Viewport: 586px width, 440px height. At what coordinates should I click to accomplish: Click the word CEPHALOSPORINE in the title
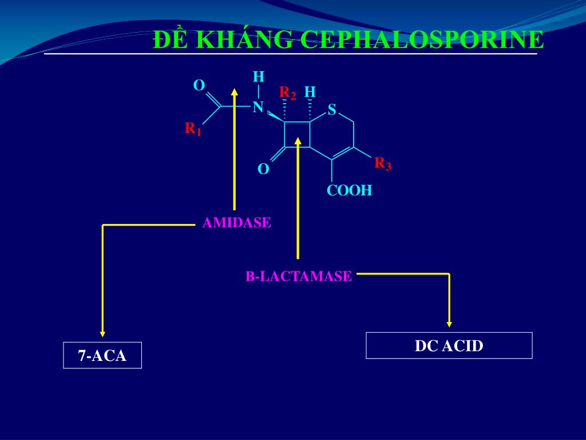click(x=422, y=40)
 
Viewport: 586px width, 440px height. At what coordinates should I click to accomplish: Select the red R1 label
click(x=193, y=129)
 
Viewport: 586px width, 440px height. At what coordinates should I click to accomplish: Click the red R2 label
click(x=287, y=93)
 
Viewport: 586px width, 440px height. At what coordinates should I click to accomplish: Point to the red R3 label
click(x=383, y=164)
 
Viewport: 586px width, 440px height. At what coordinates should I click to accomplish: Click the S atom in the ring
click(x=331, y=109)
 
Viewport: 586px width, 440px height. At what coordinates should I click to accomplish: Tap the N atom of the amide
click(x=258, y=107)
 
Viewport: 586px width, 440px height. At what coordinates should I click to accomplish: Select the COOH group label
click(x=349, y=191)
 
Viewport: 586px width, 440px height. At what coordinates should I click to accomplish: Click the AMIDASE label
click(x=236, y=223)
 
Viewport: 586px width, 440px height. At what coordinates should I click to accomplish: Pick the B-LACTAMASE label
click(x=299, y=276)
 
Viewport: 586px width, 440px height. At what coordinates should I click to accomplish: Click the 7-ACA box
click(x=102, y=356)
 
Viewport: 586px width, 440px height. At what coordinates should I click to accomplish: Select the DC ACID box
click(x=449, y=345)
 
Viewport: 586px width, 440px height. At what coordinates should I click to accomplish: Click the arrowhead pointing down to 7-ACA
click(x=102, y=332)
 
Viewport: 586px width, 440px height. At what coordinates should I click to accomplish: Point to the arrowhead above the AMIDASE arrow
click(x=234, y=92)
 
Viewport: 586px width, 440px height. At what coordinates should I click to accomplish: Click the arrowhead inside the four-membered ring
click(x=298, y=140)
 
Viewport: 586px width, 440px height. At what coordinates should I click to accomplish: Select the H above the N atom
click(x=258, y=77)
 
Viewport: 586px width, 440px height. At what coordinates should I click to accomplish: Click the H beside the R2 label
click(x=310, y=92)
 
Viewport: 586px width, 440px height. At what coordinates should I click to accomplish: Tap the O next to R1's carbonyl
click(x=199, y=86)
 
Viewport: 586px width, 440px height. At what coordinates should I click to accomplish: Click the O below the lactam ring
click(x=263, y=169)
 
